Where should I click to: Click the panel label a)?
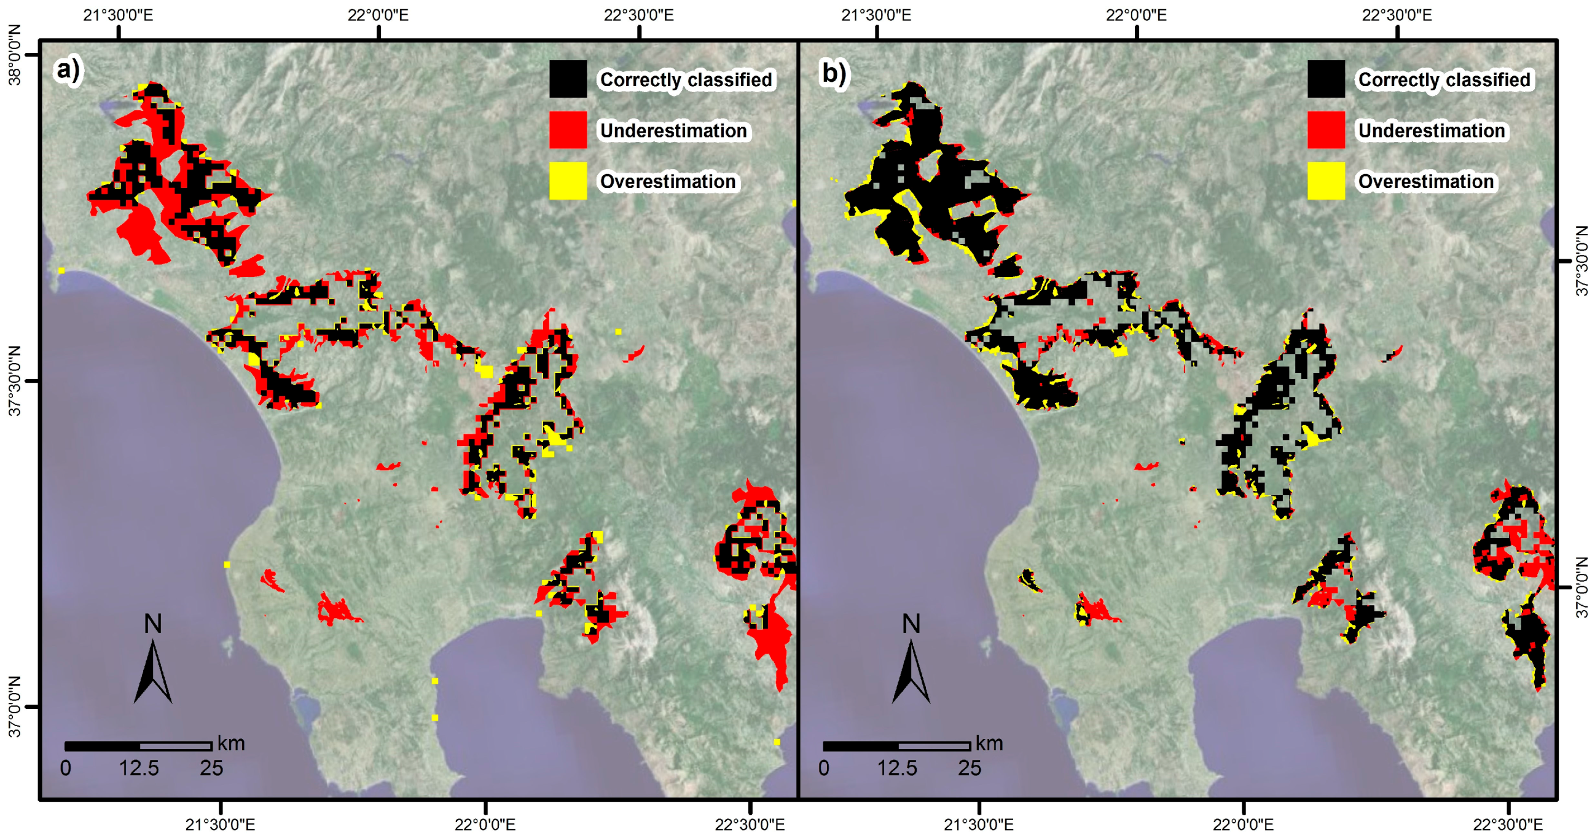pyautogui.click(x=68, y=70)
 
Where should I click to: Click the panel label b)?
pyautogui.click(x=833, y=73)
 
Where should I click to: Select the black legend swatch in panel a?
pyautogui.click(x=568, y=79)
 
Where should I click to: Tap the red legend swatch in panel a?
pyautogui.click(x=568, y=130)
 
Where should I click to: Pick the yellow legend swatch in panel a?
pyautogui.click(x=568, y=181)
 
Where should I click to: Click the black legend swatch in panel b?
pyautogui.click(x=1326, y=79)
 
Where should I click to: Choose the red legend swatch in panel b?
pyautogui.click(x=1326, y=130)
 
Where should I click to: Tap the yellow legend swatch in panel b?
pyautogui.click(x=1326, y=181)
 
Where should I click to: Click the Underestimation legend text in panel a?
pyautogui.click(x=673, y=131)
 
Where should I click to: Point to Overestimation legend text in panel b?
pyautogui.click(x=1425, y=181)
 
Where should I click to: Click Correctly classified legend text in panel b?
pyautogui.click(x=1444, y=80)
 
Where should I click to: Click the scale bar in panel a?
pyautogui.click(x=139, y=746)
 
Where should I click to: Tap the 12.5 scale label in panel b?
pyautogui.click(x=897, y=768)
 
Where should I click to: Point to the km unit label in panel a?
pyautogui.click(x=231, y=743)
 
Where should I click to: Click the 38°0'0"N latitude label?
pyautogui.click(x=14, y=55)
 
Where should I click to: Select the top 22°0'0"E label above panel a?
pyautogui.click(x=378, y=15)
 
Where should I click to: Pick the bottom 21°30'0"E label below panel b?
pyautogui.click(x=978, y=824)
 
